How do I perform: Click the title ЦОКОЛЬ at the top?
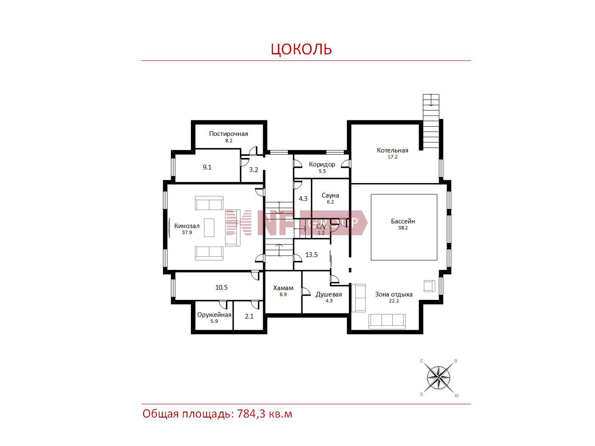tap(301, 49)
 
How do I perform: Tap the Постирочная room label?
tap(229, 133)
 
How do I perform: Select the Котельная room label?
tap(393, 150)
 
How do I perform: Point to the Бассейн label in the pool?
tap(403, 221)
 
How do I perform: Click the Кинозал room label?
tap(187, 226)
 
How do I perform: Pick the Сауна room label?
tap(330, 195)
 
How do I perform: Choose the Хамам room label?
tap(283, 288)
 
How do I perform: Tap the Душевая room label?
tap(329, 294)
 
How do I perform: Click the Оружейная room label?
tap(214, 315)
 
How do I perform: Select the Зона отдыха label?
tap(394, 294)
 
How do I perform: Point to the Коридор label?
tap(322, 164)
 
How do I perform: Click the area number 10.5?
tap(221, 287)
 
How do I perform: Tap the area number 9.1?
tap(207, 167)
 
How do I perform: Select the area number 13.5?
tap(312, 254)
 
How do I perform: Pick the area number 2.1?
tap(249, 316)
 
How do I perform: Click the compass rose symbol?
tap(438, 378)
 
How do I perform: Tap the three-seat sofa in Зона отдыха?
tap(387, 322)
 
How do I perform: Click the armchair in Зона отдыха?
tap(429, 286)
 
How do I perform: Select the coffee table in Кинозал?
tap(209, 228)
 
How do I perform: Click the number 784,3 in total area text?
tap(251, 414)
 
